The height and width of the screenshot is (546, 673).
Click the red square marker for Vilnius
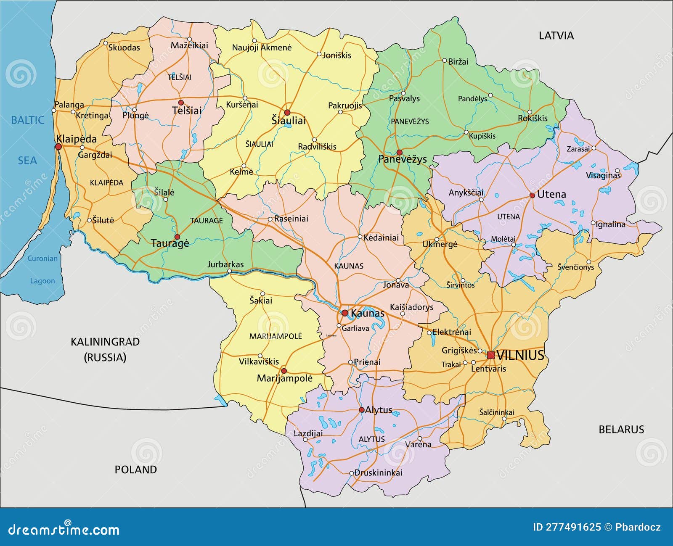pos(490,355)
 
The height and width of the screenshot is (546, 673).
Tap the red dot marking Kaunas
pos(345,313)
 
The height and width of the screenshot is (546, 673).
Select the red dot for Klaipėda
pos(58,147)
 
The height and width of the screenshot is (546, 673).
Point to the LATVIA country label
pos(556,36)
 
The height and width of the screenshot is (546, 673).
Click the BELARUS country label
pos(621,430)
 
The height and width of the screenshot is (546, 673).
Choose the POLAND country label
pos(135,470)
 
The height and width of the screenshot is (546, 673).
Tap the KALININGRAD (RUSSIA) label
pos(105,349)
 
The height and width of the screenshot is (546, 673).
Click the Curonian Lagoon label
pos(42,269)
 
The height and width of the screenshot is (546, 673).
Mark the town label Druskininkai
pos(378,472)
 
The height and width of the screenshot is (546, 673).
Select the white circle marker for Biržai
pos(445,61)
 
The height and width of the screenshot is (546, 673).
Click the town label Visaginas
pos(603,175)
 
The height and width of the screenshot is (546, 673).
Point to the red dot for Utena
pos(532,195)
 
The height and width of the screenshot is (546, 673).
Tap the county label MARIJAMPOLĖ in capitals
pos(276,336)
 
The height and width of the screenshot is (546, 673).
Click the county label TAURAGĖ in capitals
pos(206,221)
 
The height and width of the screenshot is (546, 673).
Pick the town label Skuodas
pos(124,47)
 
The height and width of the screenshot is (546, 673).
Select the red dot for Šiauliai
pos(287,113)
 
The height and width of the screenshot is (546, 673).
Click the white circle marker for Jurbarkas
pos(229,271)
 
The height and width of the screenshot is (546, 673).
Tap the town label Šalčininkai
pos(496,412)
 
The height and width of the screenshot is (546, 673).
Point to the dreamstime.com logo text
pos(64,530)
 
